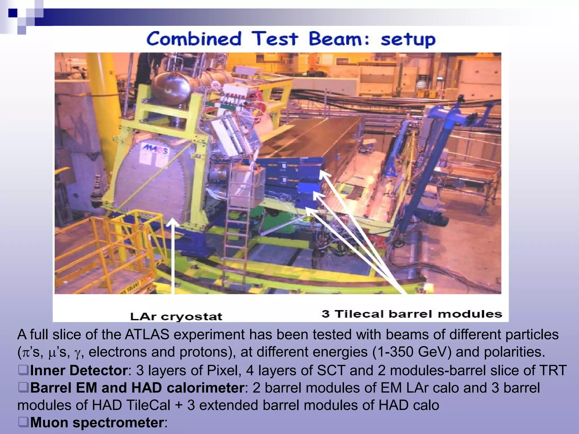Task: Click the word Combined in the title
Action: tap(194, 39)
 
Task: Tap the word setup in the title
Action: tap(408, 40)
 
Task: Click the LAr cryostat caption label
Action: tap(176, 316)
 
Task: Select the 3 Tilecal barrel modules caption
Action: tap(412, 314)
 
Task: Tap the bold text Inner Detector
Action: tap(79, 370)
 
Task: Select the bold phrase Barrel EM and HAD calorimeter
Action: tap(137, 388)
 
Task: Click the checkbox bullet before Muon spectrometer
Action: tap(23, 422)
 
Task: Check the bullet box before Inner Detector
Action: tap(23, 370)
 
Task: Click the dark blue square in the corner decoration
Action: tap(13, 13)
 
